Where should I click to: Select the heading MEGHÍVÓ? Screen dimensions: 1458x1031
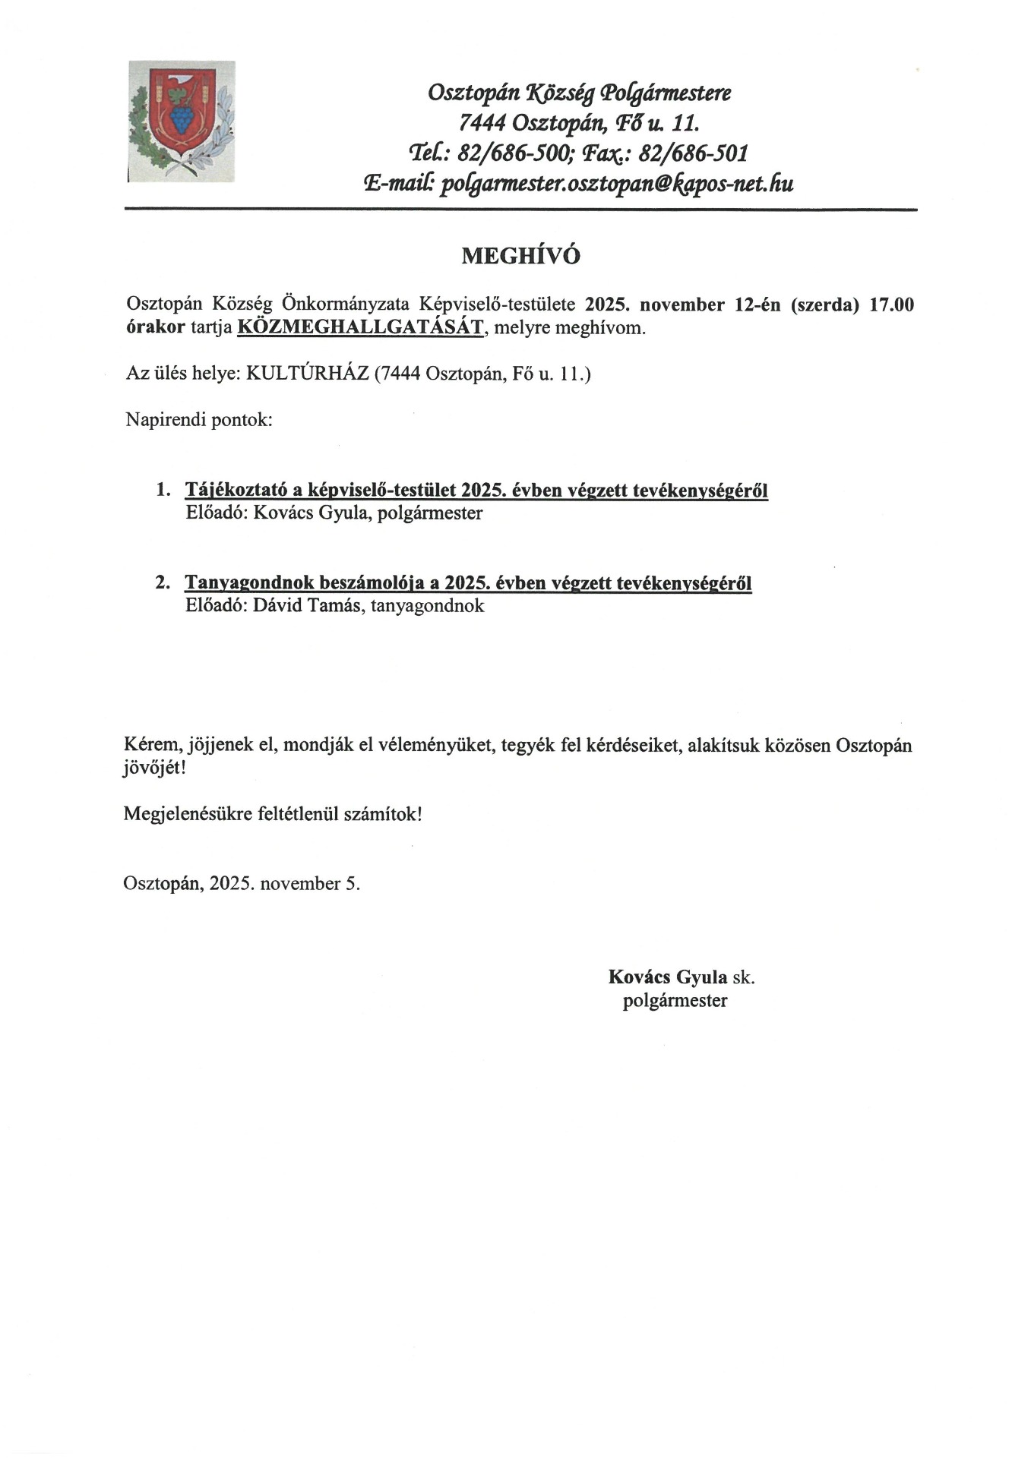(520, 256)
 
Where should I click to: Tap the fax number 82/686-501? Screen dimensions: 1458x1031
(694, 153)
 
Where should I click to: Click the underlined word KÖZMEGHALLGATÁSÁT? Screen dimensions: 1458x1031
(360, 328)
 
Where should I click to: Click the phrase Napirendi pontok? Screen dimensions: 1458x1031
(198, 419)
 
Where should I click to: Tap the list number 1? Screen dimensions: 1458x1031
(162, 490)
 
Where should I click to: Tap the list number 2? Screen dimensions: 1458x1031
(162, 583)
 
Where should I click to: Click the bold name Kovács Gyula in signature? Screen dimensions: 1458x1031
(667, 977)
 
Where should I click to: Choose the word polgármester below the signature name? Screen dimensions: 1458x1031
(675, 1000)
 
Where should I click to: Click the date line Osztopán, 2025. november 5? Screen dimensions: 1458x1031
(242, 883)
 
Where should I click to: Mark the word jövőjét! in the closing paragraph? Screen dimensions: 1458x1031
(154, 768)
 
